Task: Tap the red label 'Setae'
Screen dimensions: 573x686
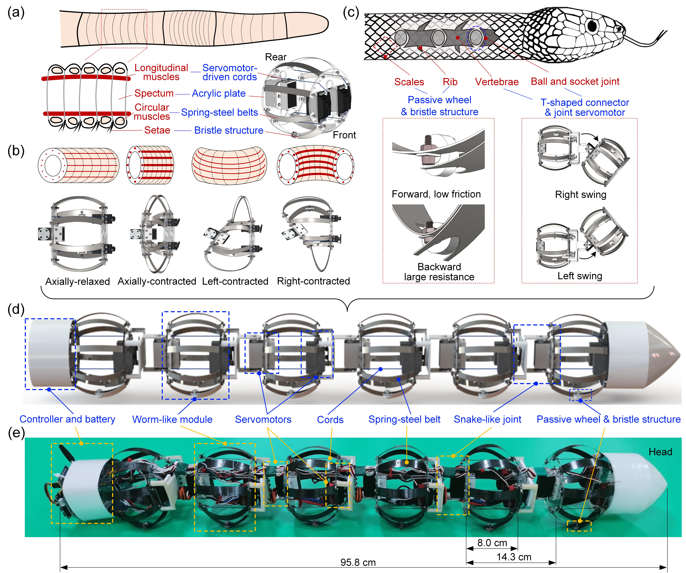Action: pos(157,130)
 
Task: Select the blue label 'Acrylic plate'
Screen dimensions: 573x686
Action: pos(219,94)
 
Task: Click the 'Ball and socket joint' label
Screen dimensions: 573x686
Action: pos(575,81)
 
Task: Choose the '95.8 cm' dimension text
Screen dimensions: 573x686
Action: pos(358,562)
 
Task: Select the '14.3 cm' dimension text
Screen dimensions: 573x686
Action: pos(514,557)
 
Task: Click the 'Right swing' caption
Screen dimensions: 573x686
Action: pos(580,194)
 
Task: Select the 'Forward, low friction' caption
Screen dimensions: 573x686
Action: pos(436,194)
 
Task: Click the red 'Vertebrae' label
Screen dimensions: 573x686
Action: pos(497,82)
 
